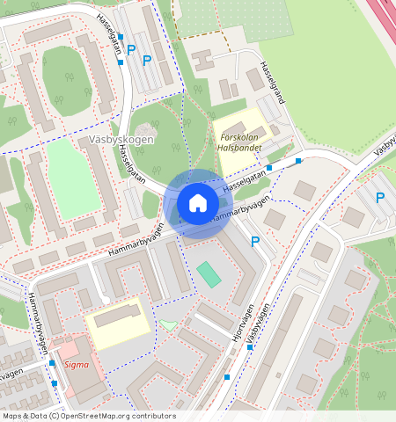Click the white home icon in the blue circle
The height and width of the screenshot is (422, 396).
point(198,203)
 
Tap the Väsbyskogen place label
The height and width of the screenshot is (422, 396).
point(121,140)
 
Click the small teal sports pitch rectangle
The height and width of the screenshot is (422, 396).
point(209,273)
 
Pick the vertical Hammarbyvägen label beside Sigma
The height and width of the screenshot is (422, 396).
point(40,322)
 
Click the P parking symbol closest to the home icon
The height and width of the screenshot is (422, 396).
point(255,242)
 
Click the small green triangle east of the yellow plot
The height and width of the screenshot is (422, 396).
point(168,324)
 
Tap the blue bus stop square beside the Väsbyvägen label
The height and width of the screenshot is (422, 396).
point(251,347)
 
